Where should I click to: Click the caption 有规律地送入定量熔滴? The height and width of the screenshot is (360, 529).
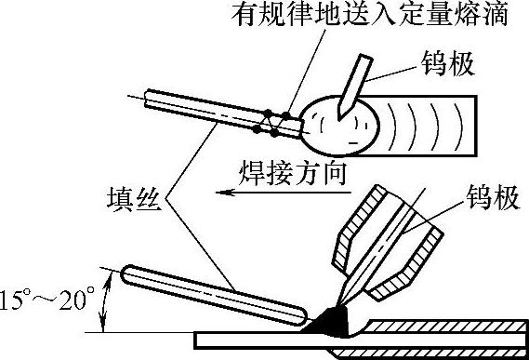point(370,14)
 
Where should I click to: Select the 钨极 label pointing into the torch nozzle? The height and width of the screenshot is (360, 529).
point(493,197)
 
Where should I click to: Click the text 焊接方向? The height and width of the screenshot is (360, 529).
point(293,173)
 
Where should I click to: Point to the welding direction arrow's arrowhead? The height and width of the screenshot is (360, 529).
point(224,193)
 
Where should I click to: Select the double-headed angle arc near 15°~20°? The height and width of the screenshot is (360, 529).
point(105,302)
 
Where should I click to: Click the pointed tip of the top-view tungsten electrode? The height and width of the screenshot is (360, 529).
point(338,120)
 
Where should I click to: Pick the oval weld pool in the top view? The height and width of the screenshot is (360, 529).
point(339,126)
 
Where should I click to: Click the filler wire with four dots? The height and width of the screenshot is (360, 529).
point(223,113)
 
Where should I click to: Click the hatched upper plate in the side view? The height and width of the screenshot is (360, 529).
point(445,326)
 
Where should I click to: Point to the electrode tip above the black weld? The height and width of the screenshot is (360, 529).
point(338,304)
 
